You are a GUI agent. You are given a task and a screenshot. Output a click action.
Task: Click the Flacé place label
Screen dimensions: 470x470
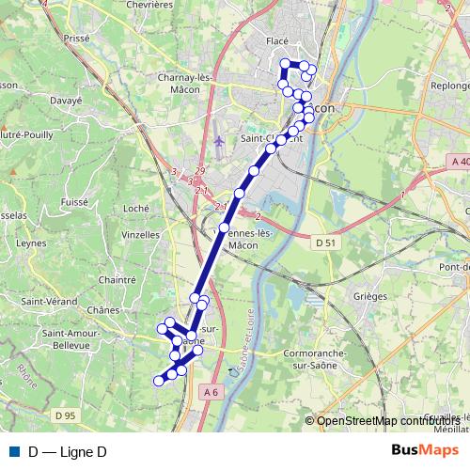point(277,40)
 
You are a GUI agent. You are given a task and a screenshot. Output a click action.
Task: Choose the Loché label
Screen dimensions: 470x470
point(136,208)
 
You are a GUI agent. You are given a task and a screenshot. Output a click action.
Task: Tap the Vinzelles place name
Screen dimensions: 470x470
point(140,234)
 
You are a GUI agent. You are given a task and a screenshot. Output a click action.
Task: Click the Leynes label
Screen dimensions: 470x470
point(32,243)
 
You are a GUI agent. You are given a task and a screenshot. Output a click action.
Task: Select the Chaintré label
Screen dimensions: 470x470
point(117,279)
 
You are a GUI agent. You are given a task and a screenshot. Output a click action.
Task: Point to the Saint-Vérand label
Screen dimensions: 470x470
point(49,301)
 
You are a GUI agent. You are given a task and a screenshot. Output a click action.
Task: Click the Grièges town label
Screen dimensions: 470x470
point(369,296)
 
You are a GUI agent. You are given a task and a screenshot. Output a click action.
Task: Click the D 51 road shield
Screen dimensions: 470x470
point(326,243)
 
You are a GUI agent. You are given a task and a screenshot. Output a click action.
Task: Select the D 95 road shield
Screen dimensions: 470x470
point(65,415)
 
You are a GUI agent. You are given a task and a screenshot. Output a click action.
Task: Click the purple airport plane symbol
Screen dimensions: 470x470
point(219,141)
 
